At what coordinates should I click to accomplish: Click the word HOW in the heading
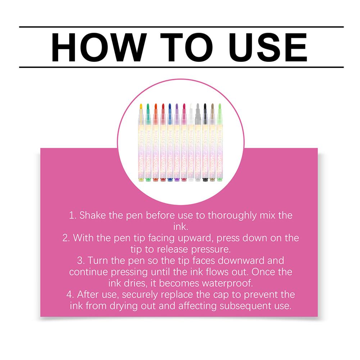pyautogui.click(x=99, y=47)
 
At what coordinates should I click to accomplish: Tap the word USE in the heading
pyautogui.click(x=268, y=47)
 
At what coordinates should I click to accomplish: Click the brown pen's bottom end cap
pyautogui.click(x=212, y=179)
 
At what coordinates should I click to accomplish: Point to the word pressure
pyautogui.click(x=210, y=250)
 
